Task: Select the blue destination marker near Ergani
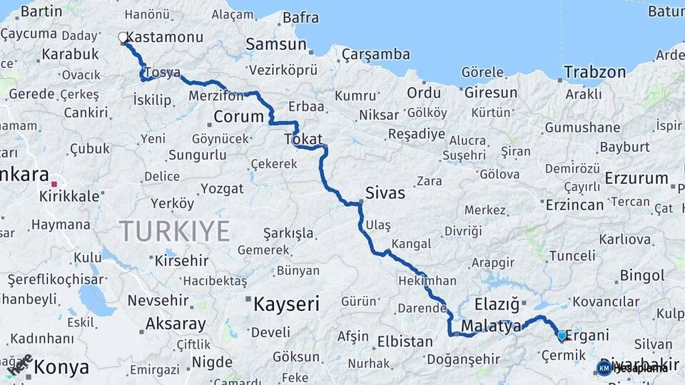tap(562, 335)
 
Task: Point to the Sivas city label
tap(385, 192)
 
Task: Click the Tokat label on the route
tap(303, 139)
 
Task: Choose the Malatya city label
tap(491, 327)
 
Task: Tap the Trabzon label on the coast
tap(594, 72)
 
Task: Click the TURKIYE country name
tap(174, 231)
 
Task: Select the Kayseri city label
tap(286, 305)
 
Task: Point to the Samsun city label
tap(275, 44)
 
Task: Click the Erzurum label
tap(636, 178)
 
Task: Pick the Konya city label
tap(61, 367)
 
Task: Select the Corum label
tap(238, 116)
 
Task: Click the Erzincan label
tap(574, 205)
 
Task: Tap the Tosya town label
tap(161, 73)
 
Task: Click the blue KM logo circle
tap(604, 368)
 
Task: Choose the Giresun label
tap(490, 93)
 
